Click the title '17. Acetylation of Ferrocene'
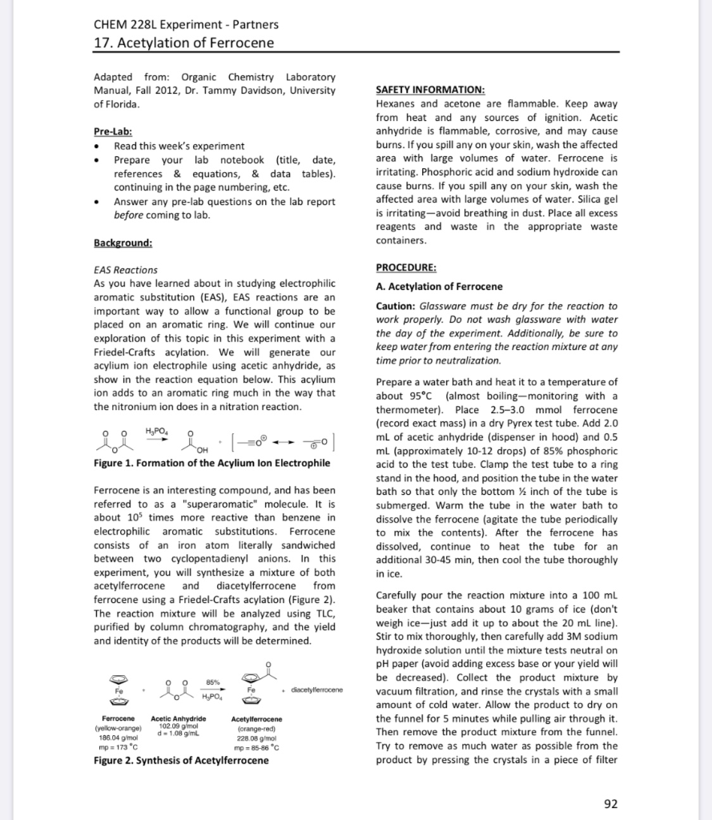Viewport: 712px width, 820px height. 183,42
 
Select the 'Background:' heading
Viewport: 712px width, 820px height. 123,242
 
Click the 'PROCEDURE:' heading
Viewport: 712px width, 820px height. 406,267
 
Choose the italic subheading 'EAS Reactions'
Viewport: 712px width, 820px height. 126,270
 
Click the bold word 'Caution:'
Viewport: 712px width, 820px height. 394,306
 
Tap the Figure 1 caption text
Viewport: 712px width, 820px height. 211,463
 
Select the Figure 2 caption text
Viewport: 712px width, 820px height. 181,759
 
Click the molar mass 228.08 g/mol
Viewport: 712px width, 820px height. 253,738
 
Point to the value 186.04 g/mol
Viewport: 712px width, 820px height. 118,738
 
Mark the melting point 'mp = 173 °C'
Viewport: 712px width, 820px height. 119,746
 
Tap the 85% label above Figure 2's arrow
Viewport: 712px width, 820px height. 213,681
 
